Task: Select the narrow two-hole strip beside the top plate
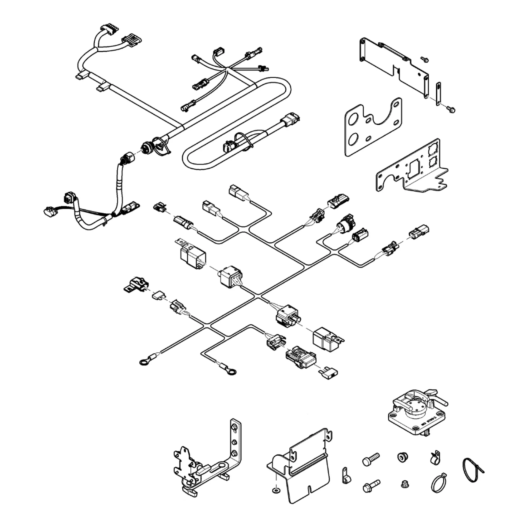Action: [x=438, y=94]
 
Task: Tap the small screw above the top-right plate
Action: [x=424, y=59]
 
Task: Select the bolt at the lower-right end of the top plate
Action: [x=451, y=110]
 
